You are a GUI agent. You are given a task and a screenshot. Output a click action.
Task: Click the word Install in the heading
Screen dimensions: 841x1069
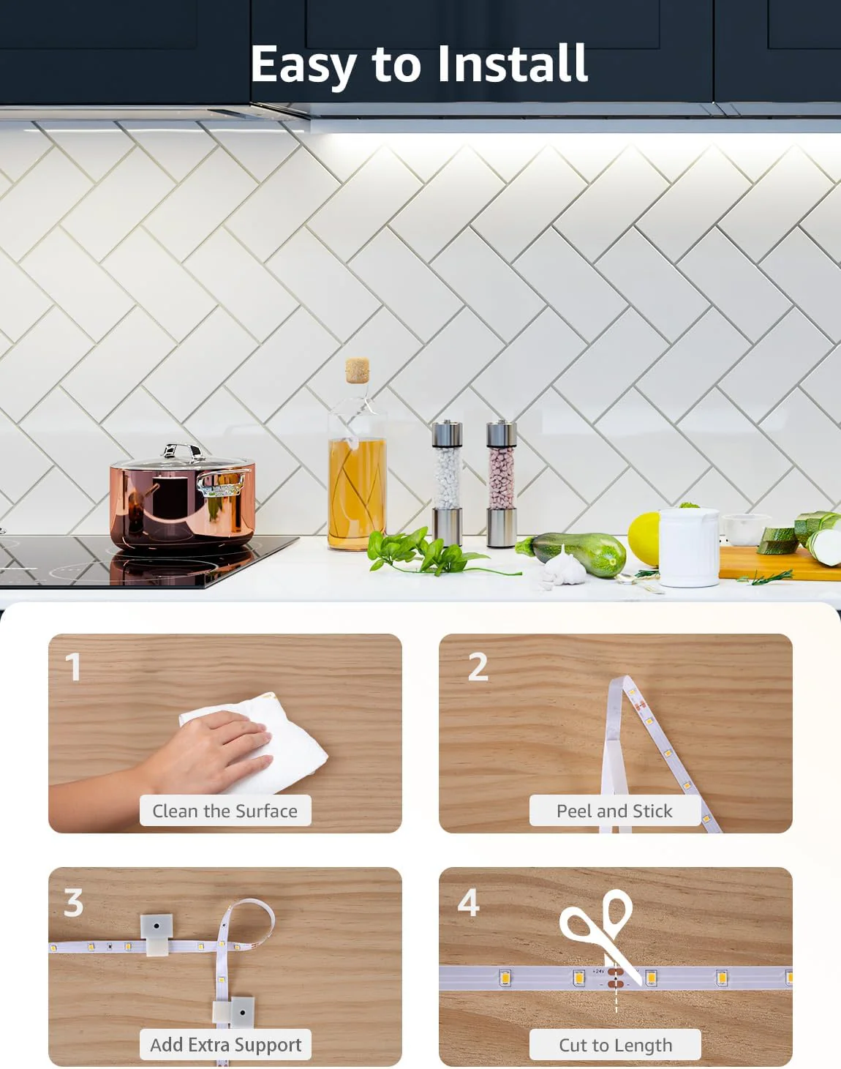pos(513,63)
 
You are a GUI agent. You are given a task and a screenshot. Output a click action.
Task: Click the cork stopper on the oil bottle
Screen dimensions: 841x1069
pos(358,370)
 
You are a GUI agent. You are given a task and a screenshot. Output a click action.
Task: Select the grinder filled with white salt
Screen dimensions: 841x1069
pos(448,484)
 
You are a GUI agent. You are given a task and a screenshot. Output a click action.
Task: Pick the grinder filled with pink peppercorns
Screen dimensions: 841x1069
pos(502,484)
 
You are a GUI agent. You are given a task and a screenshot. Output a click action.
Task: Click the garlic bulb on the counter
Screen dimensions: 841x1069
pos(564,568)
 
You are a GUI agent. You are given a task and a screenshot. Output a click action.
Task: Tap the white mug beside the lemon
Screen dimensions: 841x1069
pos(689,547)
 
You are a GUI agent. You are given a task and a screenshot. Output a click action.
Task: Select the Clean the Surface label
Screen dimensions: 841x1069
pos(225,811)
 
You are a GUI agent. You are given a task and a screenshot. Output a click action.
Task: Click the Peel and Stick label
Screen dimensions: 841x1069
pos(614,811)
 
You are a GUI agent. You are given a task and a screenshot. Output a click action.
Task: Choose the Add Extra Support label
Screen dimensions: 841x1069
pos(225,1044)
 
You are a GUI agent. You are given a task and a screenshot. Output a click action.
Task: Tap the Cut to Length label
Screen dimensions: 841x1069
pos(615,1044)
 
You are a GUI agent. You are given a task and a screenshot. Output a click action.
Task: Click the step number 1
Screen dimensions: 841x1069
pos(73,667)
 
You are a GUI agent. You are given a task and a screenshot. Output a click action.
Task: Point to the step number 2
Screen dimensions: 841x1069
pos(478,666)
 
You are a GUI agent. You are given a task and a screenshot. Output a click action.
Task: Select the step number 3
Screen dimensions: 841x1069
pos(73,902)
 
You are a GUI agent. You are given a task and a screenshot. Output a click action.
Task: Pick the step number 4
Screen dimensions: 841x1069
pos(469,902)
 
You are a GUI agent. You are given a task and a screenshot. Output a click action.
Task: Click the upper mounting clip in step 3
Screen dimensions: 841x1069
pos(156,934)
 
